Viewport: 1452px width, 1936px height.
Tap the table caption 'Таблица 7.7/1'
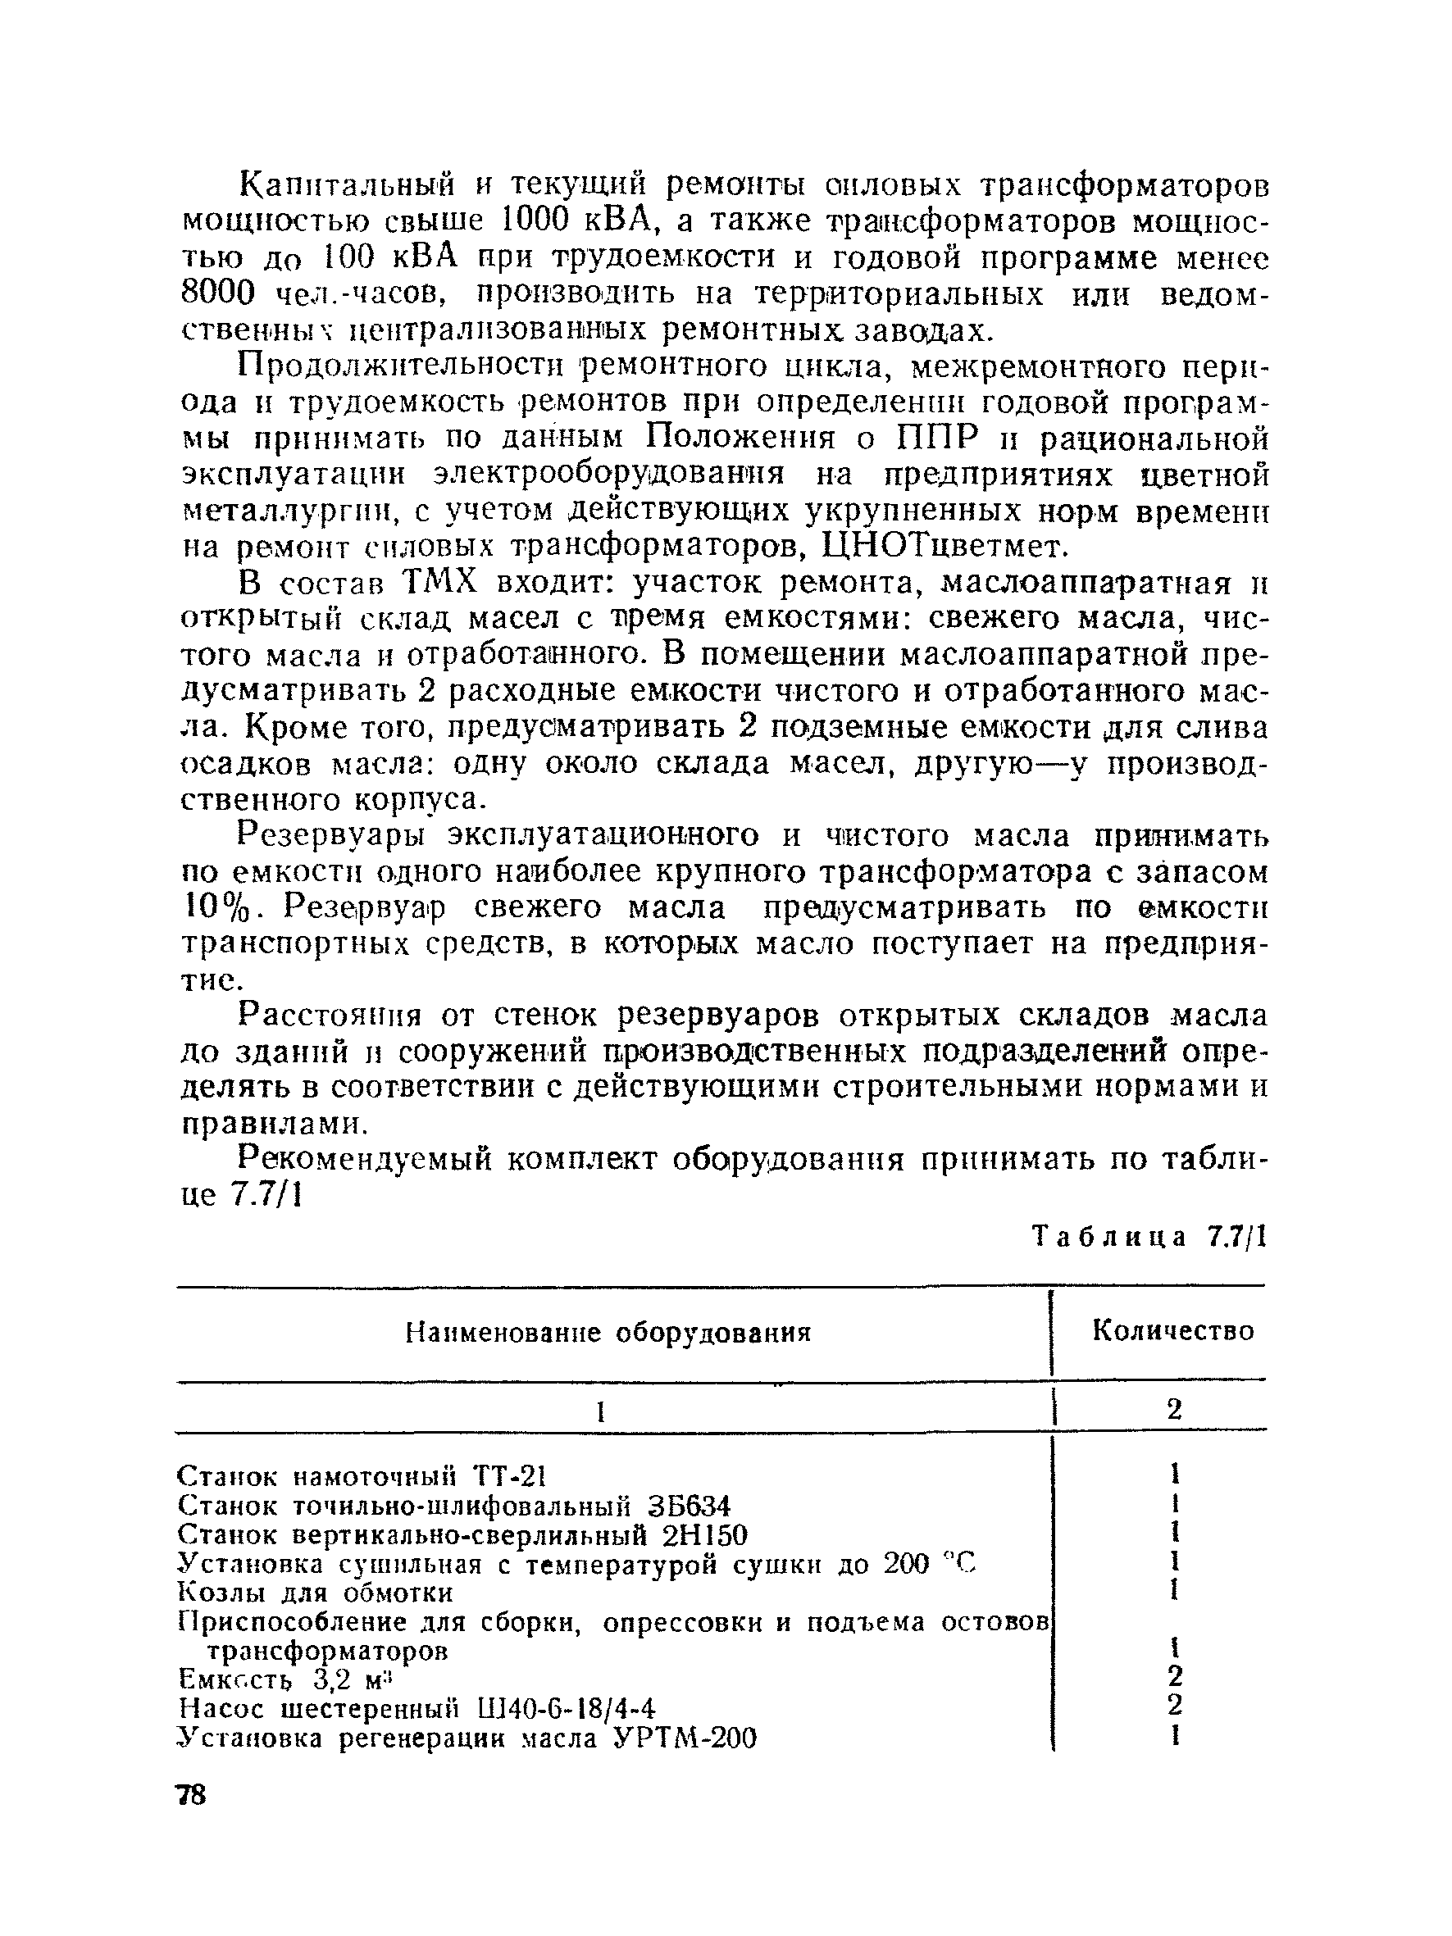coord(1149,1236)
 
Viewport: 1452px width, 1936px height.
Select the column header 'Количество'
coord(1172,1331)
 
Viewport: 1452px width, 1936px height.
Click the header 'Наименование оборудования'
coord(608,1333)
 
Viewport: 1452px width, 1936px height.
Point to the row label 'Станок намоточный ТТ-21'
coord(362,1476)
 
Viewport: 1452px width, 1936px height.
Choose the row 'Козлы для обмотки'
coord(315,1592)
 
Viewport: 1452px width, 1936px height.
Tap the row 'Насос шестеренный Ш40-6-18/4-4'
coord(416,1707)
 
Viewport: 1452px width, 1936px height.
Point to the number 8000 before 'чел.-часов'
coord(219,293)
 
